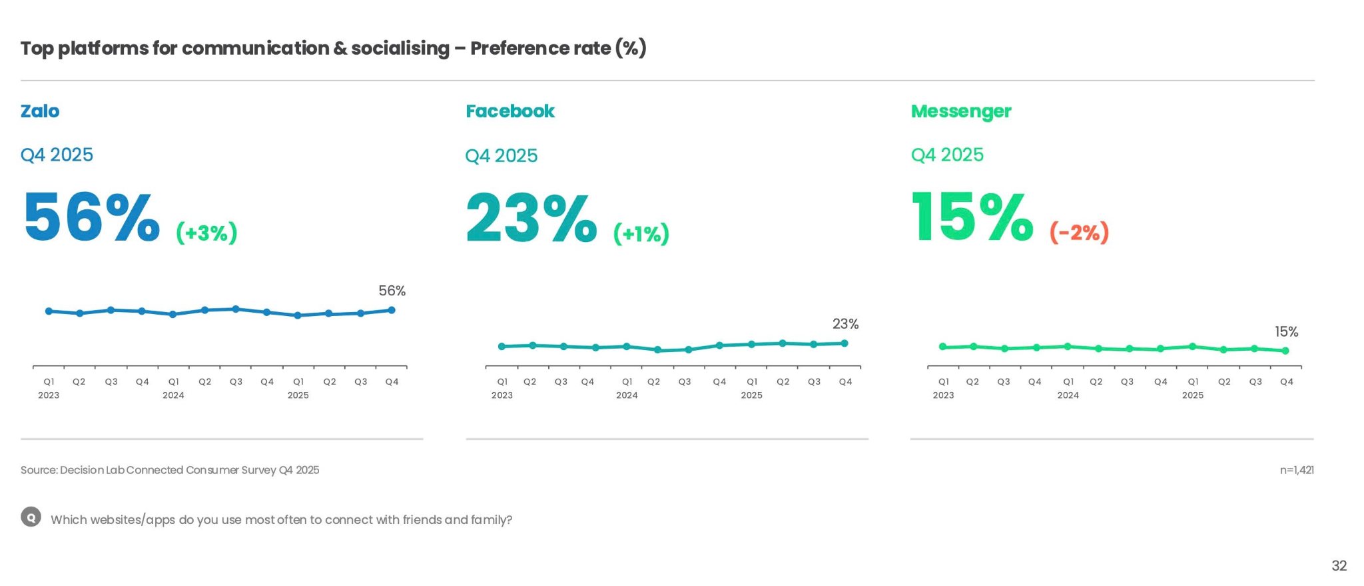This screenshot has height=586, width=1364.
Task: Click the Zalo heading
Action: (x=40, y=111)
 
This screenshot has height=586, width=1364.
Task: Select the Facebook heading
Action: (x=510, y=111)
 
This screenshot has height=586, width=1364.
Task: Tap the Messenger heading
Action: (x=960, y=111)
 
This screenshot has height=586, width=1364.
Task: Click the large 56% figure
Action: (x=92, y=217)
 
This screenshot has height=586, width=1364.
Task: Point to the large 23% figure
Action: (x=531, y=217)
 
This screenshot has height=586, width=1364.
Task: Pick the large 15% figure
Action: (x=972, y=217)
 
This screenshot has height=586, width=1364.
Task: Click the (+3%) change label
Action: (x=206, y=233)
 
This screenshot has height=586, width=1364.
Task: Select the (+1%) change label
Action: (x=641, y=233)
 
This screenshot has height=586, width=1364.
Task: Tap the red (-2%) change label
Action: (x=1079, y=232)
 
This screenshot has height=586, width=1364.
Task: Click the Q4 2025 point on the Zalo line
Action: (x=392, y=310)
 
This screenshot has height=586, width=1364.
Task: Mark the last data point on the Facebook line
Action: (x=845, y=343)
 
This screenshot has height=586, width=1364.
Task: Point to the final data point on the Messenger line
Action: (x=1285, y=351)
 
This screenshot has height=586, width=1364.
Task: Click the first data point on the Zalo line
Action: (x=49, y=311)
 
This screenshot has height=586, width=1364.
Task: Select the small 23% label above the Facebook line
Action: (x=845, y=324)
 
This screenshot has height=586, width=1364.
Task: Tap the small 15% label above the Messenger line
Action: (x=1286, y=332)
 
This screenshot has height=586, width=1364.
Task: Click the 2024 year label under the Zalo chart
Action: (x=173, y=395)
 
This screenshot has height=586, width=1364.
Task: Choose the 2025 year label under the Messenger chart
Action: (x=1192, y=395)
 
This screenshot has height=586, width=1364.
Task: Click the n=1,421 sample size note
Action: (x=1296, y=470)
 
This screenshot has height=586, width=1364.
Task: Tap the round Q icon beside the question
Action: (x=31, y=517)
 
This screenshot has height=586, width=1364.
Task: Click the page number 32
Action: (x=1339, y=566)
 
